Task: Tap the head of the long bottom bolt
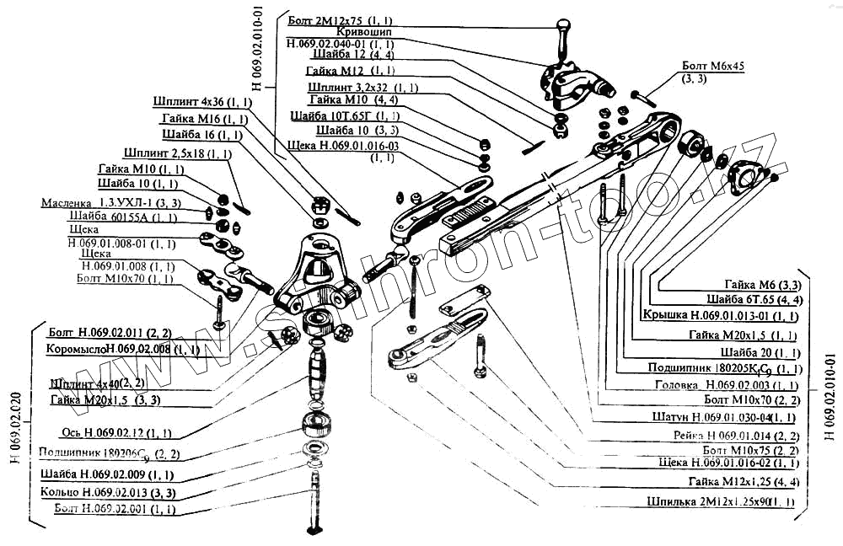coord(315,528)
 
